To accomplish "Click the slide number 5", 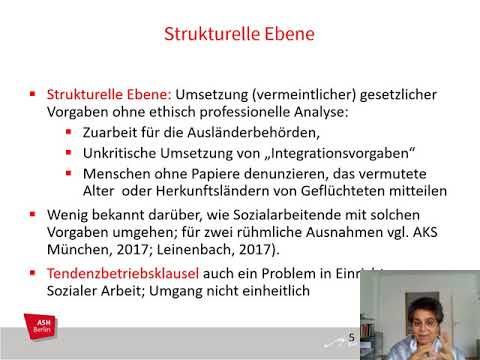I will coord(351,337).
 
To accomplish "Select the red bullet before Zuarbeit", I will coord(68,133).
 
